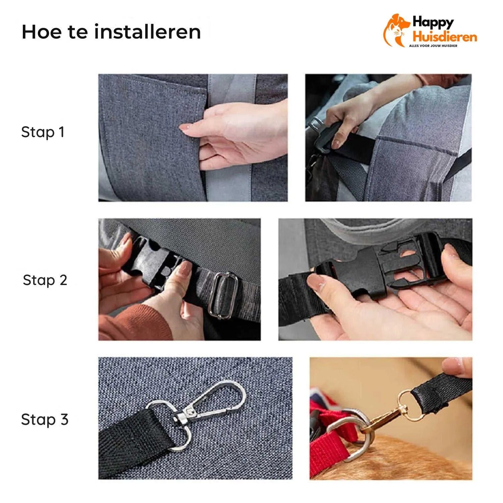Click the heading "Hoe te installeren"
111,32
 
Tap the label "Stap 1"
43,132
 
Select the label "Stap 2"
45,280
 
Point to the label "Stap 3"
45,420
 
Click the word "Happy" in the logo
433,22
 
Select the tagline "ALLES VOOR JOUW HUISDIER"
433,46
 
